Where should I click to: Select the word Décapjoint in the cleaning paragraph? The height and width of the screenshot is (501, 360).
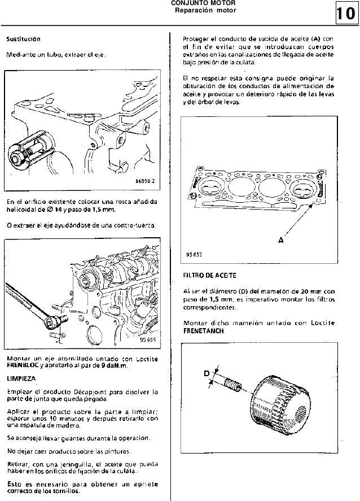point(79,391)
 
